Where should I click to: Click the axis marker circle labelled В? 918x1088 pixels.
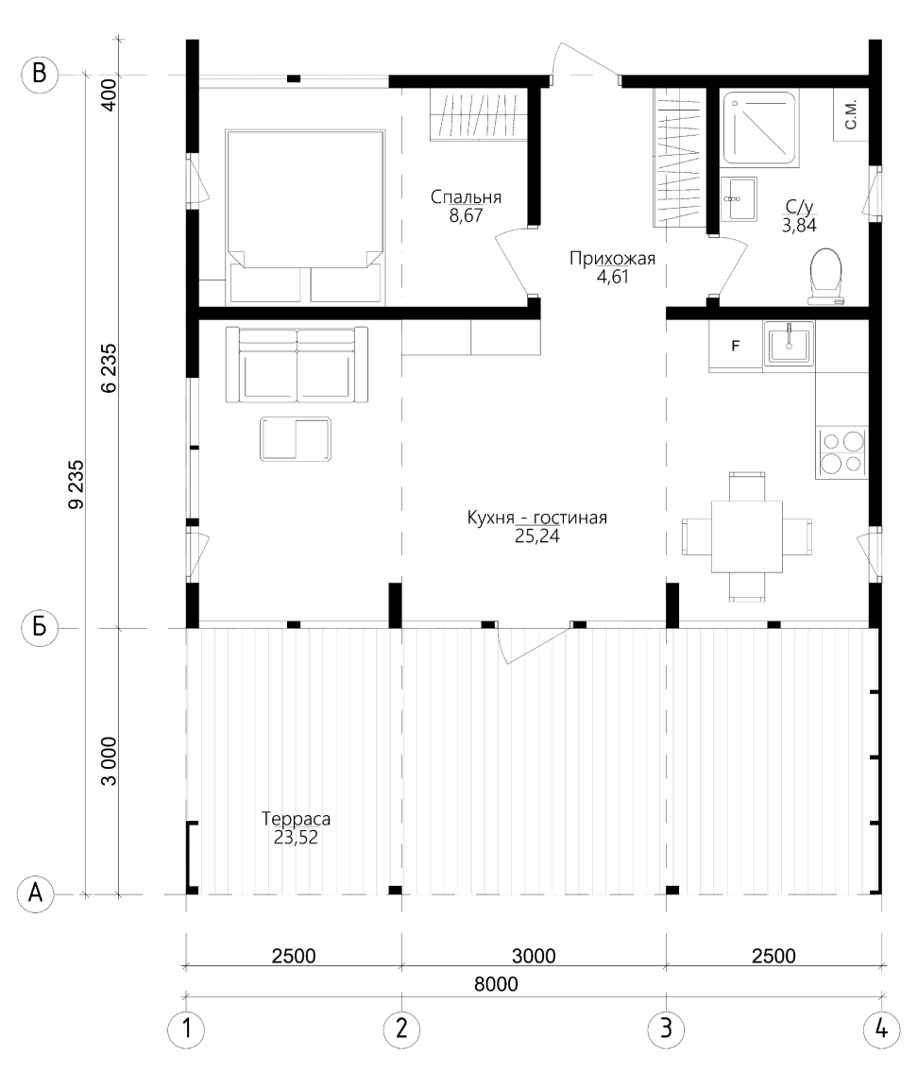40,74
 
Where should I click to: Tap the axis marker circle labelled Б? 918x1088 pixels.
40,628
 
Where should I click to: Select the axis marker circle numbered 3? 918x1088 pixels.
666,1028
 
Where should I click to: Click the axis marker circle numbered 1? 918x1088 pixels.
186,1028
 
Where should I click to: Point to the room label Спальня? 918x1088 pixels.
466,197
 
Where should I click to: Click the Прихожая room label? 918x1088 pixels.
612,259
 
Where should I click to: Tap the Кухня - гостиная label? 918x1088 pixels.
537,518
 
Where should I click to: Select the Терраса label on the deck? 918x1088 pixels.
296,819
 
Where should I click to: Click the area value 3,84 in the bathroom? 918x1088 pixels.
799,225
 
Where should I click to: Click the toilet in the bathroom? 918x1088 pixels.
825,276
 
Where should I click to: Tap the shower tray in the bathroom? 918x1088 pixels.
759,127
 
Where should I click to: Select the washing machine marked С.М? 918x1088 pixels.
851,114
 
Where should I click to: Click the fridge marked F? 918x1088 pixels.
736,346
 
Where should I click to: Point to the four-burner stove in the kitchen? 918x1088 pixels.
842,452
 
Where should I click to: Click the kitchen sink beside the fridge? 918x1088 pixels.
789,344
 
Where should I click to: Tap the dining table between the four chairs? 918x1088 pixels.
747,536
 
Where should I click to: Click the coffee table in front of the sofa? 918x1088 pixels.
296,439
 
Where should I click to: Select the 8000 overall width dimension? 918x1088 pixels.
496,984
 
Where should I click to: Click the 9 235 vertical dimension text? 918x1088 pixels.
76,484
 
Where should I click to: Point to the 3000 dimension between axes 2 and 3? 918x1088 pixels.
534,956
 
